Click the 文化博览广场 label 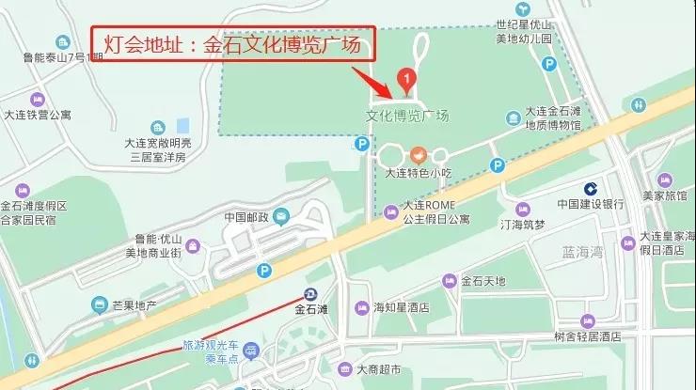(407, 117)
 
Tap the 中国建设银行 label (591, 203)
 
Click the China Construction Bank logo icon (591, 187)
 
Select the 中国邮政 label (246, 218)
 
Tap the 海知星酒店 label (401, 307)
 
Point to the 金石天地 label (482, 281)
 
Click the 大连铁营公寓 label (38, 116)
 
